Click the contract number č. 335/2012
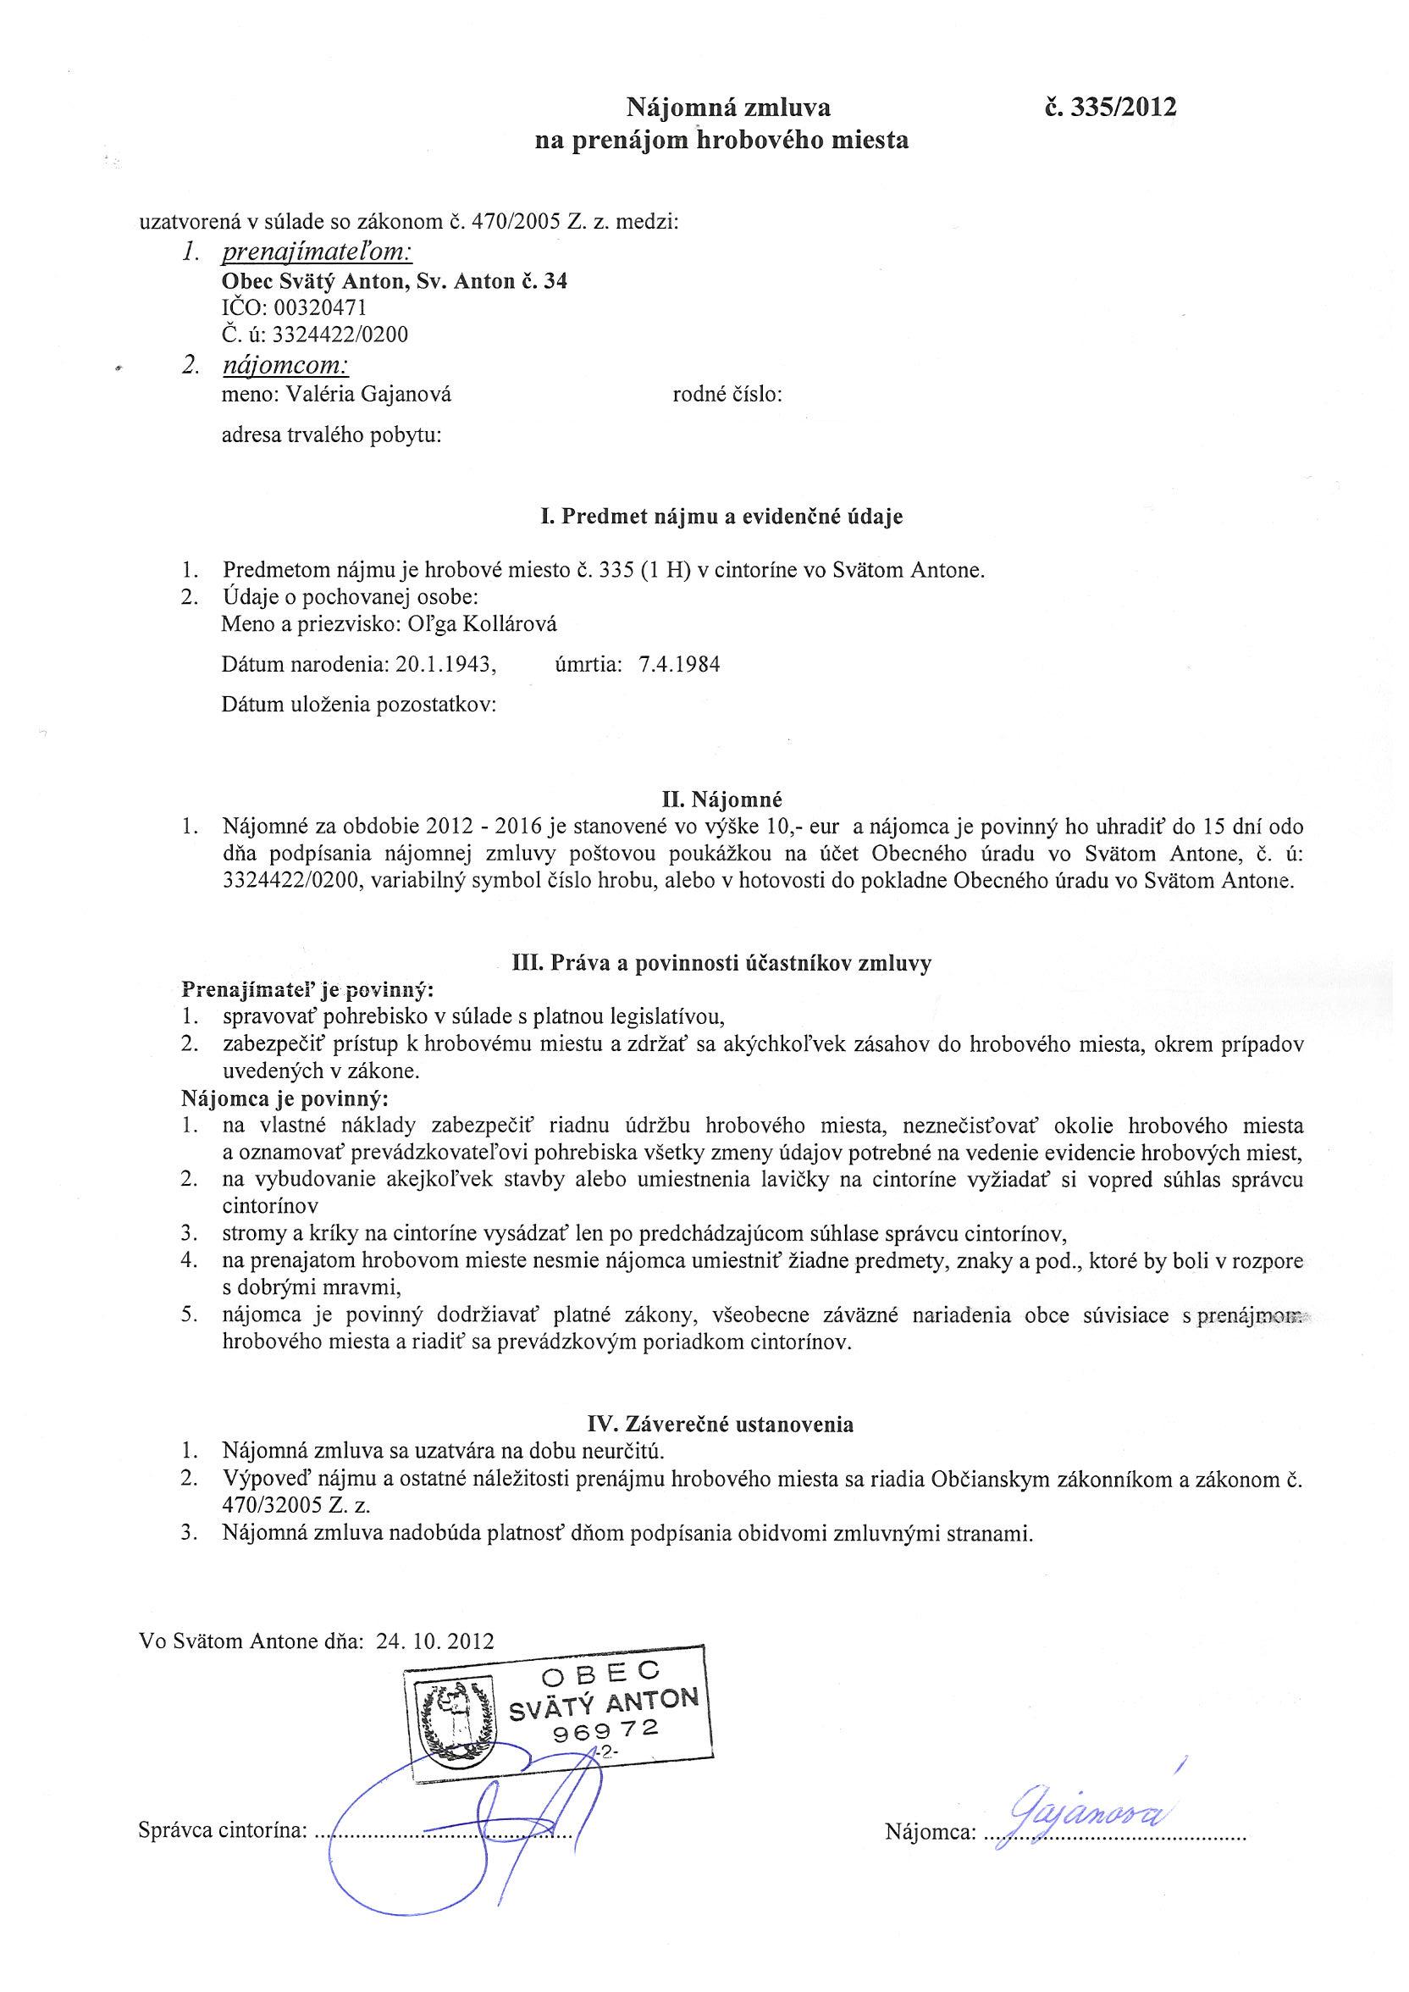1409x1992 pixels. point(1111,108)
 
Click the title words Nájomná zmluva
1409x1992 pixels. point(728,108)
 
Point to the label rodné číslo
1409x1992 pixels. point(727,396)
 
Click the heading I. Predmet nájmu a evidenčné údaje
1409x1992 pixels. point(720,517)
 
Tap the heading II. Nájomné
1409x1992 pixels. point(721,797)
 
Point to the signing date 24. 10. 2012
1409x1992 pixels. point(434,1641)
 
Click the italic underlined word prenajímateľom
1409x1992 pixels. point(317,252)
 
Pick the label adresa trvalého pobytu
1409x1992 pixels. point(331,435)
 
